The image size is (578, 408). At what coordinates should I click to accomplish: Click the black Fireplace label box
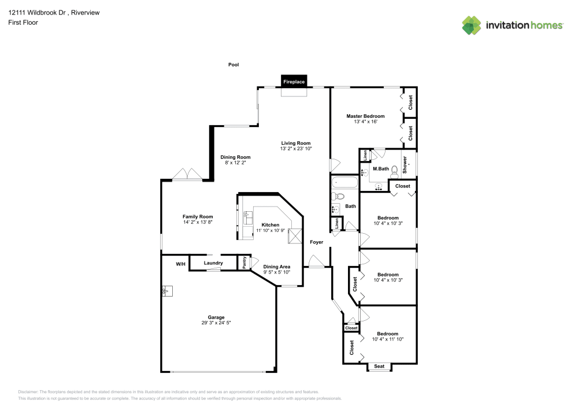[x=294, y=82]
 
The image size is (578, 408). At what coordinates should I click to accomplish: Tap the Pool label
[x=234, y=65]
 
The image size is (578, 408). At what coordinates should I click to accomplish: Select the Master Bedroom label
[x=365, y=116]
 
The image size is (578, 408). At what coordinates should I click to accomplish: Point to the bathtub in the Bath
[x=345, y=183]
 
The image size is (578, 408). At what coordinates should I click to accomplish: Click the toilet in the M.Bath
[x=395, y=170]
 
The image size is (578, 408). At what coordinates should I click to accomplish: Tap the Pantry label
[x=244, y=262]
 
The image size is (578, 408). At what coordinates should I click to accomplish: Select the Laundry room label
[x=213, y=263]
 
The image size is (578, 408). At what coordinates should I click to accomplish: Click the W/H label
[x=181, y=264]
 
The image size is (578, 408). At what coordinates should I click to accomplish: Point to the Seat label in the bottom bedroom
[x=379, y=366]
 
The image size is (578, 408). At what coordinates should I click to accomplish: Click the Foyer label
[x=316, y=242]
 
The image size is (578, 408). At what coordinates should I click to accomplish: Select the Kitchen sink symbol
[x=247, y=218]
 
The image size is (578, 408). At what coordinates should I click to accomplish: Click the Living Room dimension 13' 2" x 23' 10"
[x=296, y=149]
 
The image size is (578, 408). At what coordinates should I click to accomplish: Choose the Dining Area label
[x=277, y=267]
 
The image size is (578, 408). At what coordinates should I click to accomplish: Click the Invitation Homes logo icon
[x=471, y=25]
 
